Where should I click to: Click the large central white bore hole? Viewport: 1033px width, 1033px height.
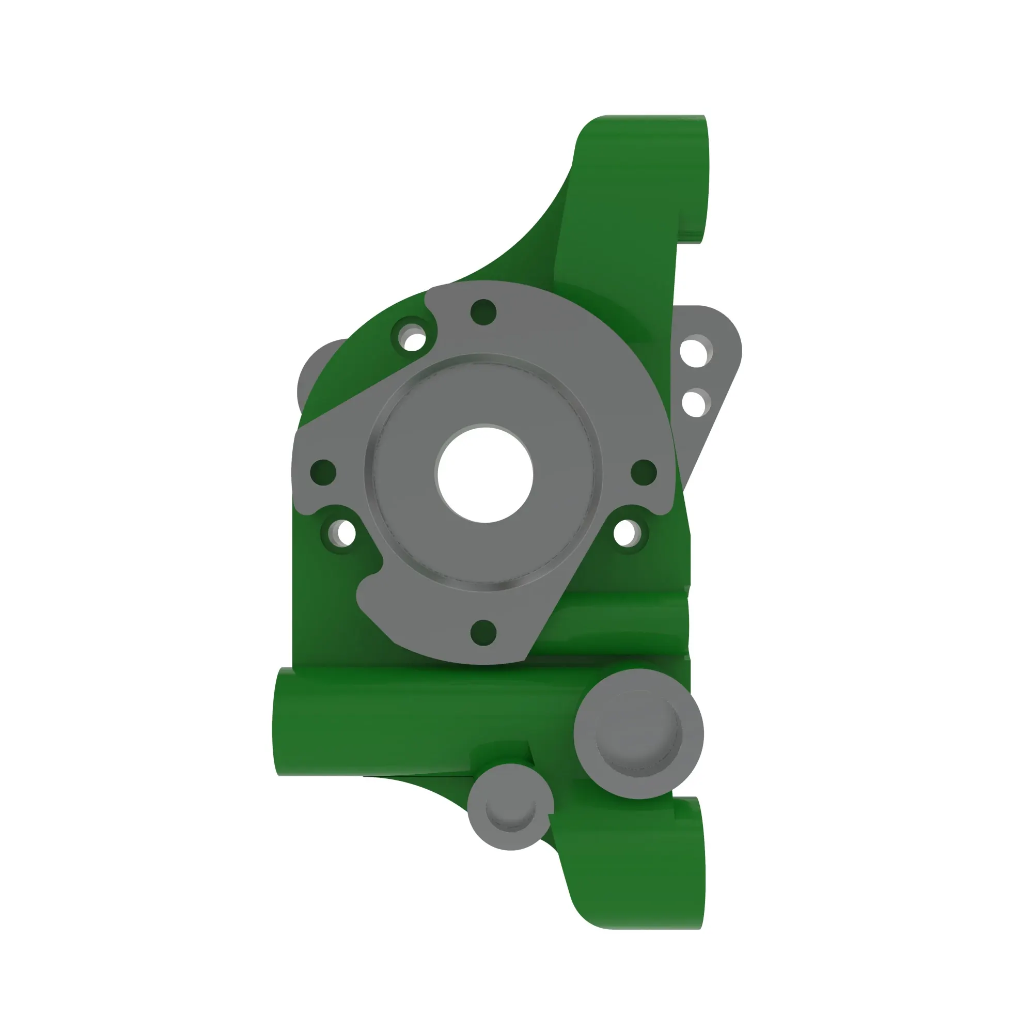point(485,474)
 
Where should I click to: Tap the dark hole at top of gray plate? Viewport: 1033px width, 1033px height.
point(483,312)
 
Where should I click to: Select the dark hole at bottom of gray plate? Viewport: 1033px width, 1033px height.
point(483,633)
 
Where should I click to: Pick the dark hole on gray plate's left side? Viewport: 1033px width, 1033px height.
point(323,472)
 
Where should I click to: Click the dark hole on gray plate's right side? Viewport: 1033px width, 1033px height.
point(644,472)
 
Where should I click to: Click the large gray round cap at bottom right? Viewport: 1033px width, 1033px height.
point(638,734)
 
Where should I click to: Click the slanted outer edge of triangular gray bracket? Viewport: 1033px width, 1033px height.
point(711,422)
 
